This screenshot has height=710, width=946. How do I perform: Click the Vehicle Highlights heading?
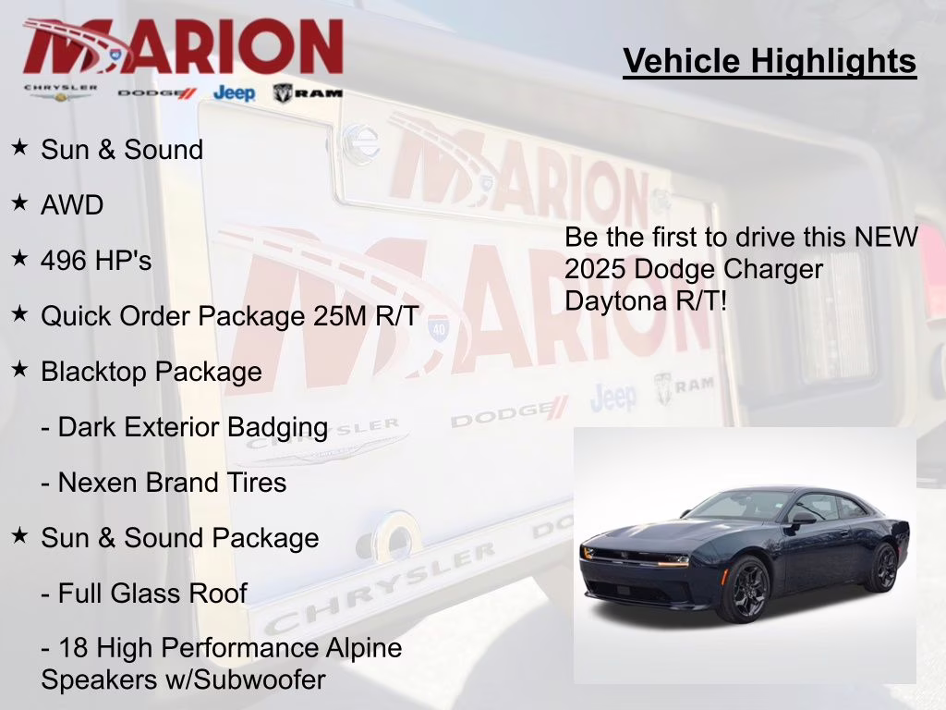[x=770, y=62]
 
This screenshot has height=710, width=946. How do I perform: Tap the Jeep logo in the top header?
[x=234, y=92]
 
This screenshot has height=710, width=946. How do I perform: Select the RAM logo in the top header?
[x=309, y=92]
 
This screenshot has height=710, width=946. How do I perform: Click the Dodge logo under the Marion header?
[x=157, y=92]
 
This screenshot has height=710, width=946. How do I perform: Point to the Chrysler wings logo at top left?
[x=60, y=92]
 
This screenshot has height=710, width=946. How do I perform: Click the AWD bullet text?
[x=72, y=205]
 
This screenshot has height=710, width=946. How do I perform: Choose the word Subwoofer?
[x=268, y=680]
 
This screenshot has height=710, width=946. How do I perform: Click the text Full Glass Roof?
[x=152, y=594]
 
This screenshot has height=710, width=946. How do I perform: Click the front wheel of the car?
[x=744, y=590]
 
